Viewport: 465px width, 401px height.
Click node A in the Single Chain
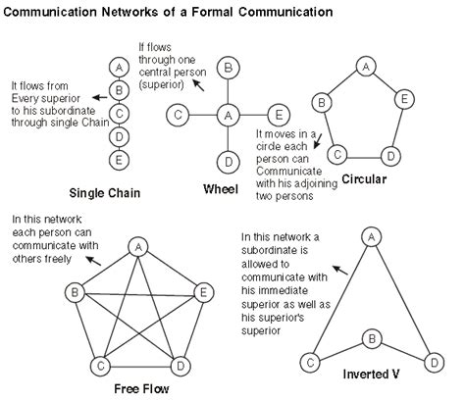point(119,66)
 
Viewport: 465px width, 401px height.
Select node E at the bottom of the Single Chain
point(119,158)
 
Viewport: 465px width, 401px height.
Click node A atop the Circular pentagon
point(364,67)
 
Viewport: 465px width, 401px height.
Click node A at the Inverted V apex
point(371,236)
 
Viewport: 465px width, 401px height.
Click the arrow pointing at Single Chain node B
point(99,95)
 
